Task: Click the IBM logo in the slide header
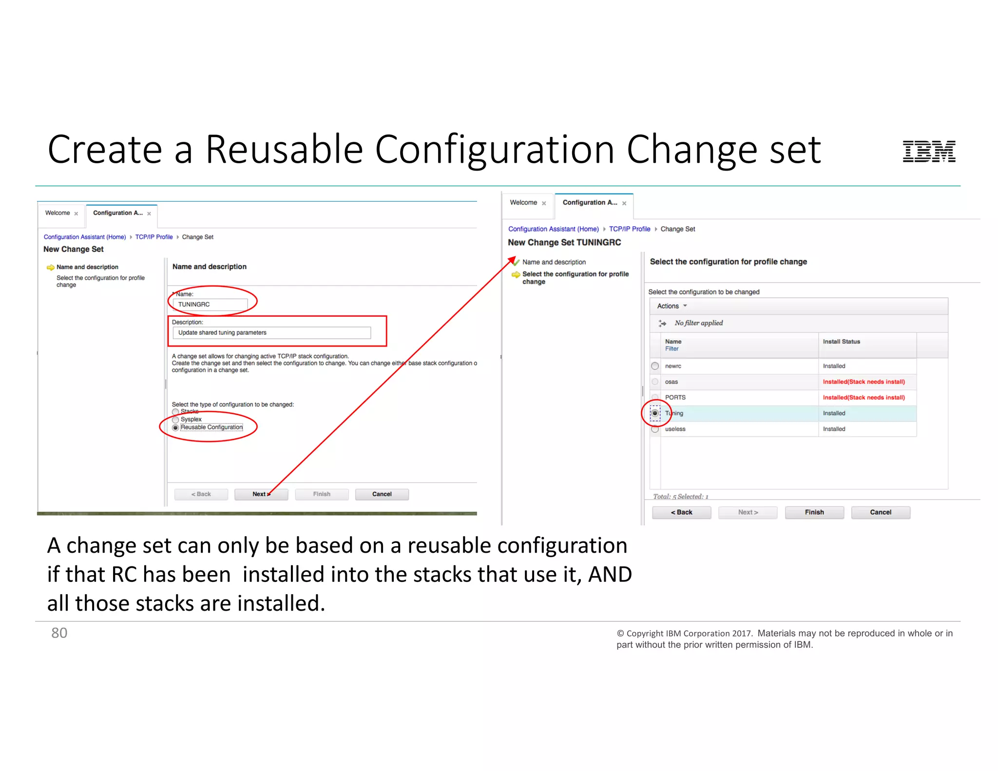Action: pos(929,151)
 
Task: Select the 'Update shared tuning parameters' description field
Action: pos(271,333)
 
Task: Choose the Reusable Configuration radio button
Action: pos(175,427)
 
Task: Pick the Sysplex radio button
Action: pos(175,420)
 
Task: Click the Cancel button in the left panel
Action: pos(382,494)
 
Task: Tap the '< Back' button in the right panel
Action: pos(681,512)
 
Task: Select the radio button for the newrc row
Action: pos(655,366)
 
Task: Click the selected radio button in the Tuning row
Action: pos(655,413)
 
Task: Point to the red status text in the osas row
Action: pos(864,382)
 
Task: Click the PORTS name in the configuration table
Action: pos(675,398)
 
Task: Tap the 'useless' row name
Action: pos(675,429)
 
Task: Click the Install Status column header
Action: pos(841,342)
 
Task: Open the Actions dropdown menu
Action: pos(672,306)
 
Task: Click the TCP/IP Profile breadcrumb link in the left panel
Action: pos(154,237)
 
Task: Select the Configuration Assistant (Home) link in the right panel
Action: pos(553,229)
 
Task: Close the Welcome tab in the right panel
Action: pos(544,203)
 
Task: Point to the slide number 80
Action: pos(59,633)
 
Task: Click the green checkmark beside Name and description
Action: pos(516,262)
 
